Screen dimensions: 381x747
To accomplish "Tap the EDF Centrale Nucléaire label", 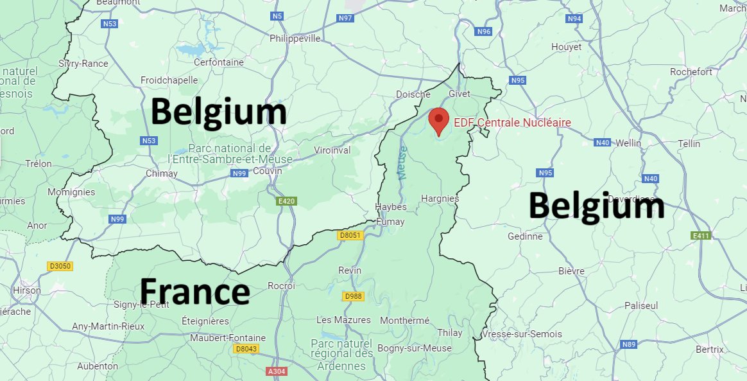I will (x=512, y=123).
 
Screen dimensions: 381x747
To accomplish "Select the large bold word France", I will (x=194, y=291).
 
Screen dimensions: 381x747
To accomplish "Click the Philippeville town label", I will (x=295, y=39).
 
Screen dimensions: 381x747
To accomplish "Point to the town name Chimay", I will (x=162, y=173).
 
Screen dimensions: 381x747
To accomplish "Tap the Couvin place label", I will (x=268, y=171).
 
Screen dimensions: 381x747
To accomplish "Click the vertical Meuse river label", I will (x=402, y=163).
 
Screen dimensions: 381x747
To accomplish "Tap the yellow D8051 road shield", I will (x=350, y=236).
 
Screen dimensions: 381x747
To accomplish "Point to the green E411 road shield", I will (x=701, y=236).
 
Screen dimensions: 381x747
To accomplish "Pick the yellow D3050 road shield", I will (x=59, y=266).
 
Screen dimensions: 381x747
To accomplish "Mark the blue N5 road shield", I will (x=277, y=15).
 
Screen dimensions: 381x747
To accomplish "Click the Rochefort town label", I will (x=691, y=72).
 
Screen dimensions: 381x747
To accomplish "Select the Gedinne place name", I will (x=525, y=236).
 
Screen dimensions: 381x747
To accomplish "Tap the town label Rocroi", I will (x=281, y=286).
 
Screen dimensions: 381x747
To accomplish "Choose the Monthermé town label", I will (x=404, y=320).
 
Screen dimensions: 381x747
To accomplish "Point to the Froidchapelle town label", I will (x=169, y=80).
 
